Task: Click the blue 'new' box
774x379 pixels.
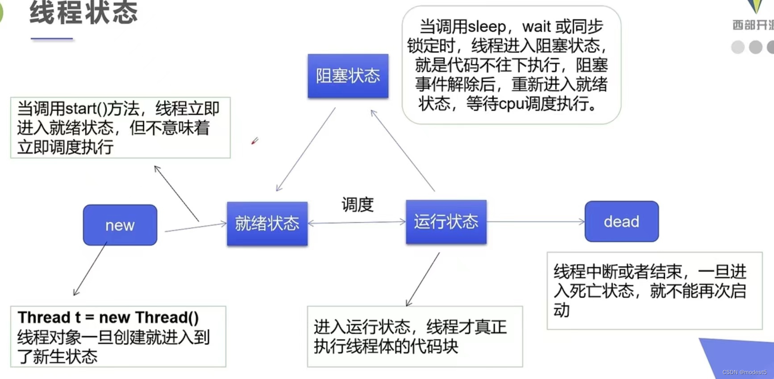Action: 120,225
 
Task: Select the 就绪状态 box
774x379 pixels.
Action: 267,223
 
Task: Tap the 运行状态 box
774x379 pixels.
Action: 446,221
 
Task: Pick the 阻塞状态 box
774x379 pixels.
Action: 348,76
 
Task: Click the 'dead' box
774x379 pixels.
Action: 621,221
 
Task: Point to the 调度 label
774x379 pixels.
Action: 358,204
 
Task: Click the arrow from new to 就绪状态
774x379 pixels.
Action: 196,227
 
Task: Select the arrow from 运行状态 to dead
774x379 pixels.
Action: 536,221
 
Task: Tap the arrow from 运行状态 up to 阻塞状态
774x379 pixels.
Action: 403,150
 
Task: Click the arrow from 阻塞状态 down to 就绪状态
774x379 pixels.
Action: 306,149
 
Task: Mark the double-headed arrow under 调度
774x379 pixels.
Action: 357,222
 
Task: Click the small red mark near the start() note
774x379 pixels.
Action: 255,141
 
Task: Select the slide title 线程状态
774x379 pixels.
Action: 84,12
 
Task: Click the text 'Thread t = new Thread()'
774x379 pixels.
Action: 108,317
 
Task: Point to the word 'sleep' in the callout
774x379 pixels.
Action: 487,27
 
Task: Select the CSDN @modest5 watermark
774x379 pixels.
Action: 744,372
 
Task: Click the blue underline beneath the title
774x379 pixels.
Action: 52,39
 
